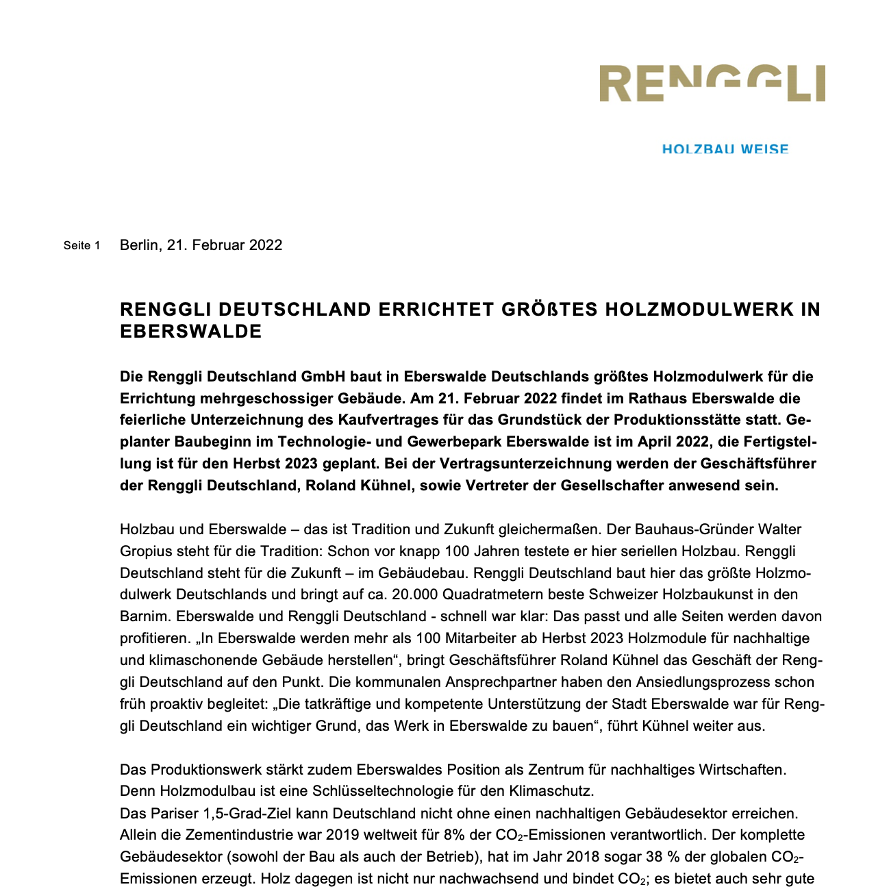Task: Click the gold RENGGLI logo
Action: pyautogui.click(x=712, y=84)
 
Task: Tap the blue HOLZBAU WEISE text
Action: pyautogui.click(x=725, y=149)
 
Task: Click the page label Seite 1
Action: pyautogui.click(x=82, y=245)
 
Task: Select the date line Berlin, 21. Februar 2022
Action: pyautogui.click(x=201, y=245)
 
